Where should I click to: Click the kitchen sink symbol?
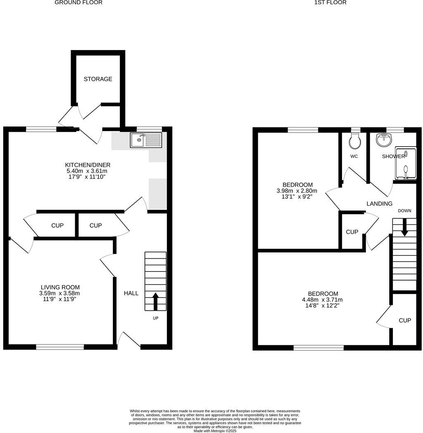pos(146,140)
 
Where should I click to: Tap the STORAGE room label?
pos(98,79)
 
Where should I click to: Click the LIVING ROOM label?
pos(60,287)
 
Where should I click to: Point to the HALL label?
pos(131,293)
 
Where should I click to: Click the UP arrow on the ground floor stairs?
pos(155,301)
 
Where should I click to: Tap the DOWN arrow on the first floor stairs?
pos(404,227)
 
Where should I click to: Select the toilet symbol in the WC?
pos(355,141)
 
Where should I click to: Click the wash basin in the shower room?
pos(384,140)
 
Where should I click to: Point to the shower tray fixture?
pos(405,164)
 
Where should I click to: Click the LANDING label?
pos(380,204)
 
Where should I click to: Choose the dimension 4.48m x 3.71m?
pos(322,300)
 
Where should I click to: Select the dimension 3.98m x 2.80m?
pos(297,191)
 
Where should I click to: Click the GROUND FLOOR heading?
pos(78,2)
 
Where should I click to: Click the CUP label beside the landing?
pos(352,232)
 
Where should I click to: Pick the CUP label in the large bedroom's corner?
pos(405,320)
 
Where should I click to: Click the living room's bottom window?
pos(60,347)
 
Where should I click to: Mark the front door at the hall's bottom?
pos(129,341)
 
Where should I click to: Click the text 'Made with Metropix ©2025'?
pos(215,431)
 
